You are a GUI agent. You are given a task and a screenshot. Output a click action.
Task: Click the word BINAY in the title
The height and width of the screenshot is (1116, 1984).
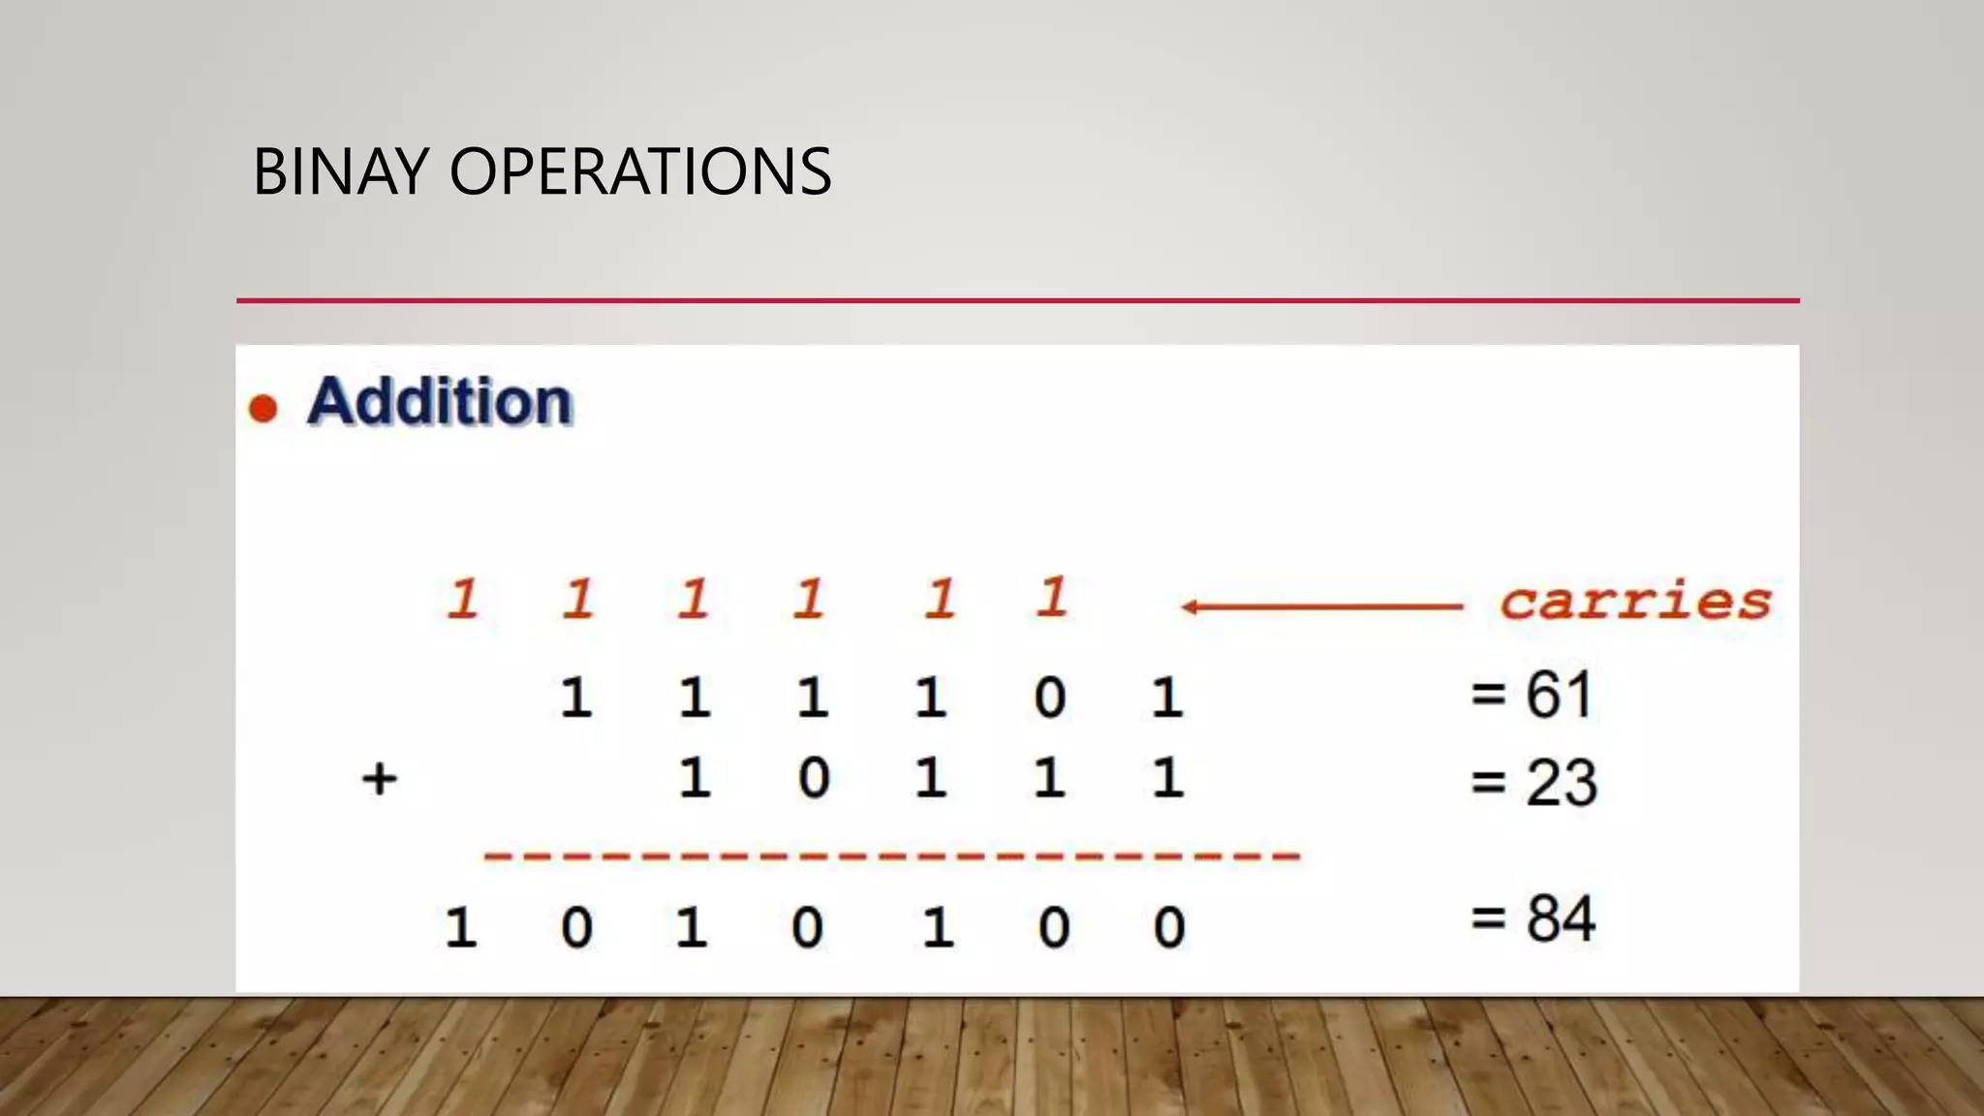(x=340, y=171)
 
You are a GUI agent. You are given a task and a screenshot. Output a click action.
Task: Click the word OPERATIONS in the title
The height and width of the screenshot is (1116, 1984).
(x=639, y=171)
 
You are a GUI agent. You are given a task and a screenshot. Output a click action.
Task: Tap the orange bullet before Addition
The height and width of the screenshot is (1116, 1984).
(x=263, y=408)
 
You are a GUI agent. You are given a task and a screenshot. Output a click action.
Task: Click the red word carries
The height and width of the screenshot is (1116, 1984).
(x=1635, y=602)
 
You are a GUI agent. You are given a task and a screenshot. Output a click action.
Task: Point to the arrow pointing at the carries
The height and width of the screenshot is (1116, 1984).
(x=1322, y=607)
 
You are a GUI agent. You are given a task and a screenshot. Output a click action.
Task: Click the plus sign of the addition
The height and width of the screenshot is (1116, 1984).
(x=379, y=778)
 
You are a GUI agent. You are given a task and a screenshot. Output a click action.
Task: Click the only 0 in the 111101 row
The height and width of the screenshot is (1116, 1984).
(x=1049, y=697)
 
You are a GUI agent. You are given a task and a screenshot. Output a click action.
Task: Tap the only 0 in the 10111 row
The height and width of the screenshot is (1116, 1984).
(x=813, y=778)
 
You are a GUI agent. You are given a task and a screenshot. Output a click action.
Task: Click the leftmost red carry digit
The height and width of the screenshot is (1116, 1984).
(x=462, y=599)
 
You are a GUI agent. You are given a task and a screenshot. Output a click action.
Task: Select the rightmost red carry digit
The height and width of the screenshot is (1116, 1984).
(x=1052, y=597)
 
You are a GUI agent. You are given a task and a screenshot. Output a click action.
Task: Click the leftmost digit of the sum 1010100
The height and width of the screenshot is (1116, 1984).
(x=460, y=927)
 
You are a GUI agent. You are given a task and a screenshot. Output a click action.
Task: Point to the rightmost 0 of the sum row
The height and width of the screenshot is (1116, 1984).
(x=1168, y=927)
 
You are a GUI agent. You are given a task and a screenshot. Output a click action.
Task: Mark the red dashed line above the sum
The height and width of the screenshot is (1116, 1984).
(x=891, y=856)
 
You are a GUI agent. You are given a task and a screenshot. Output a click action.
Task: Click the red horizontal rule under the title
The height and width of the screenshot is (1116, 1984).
(x=1017, y=300)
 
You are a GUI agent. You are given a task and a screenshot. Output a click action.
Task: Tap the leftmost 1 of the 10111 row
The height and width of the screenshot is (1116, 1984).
(x=694, y=778)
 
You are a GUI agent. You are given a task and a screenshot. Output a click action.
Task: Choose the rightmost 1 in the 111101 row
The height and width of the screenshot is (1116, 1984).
(x=1167, y=697)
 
